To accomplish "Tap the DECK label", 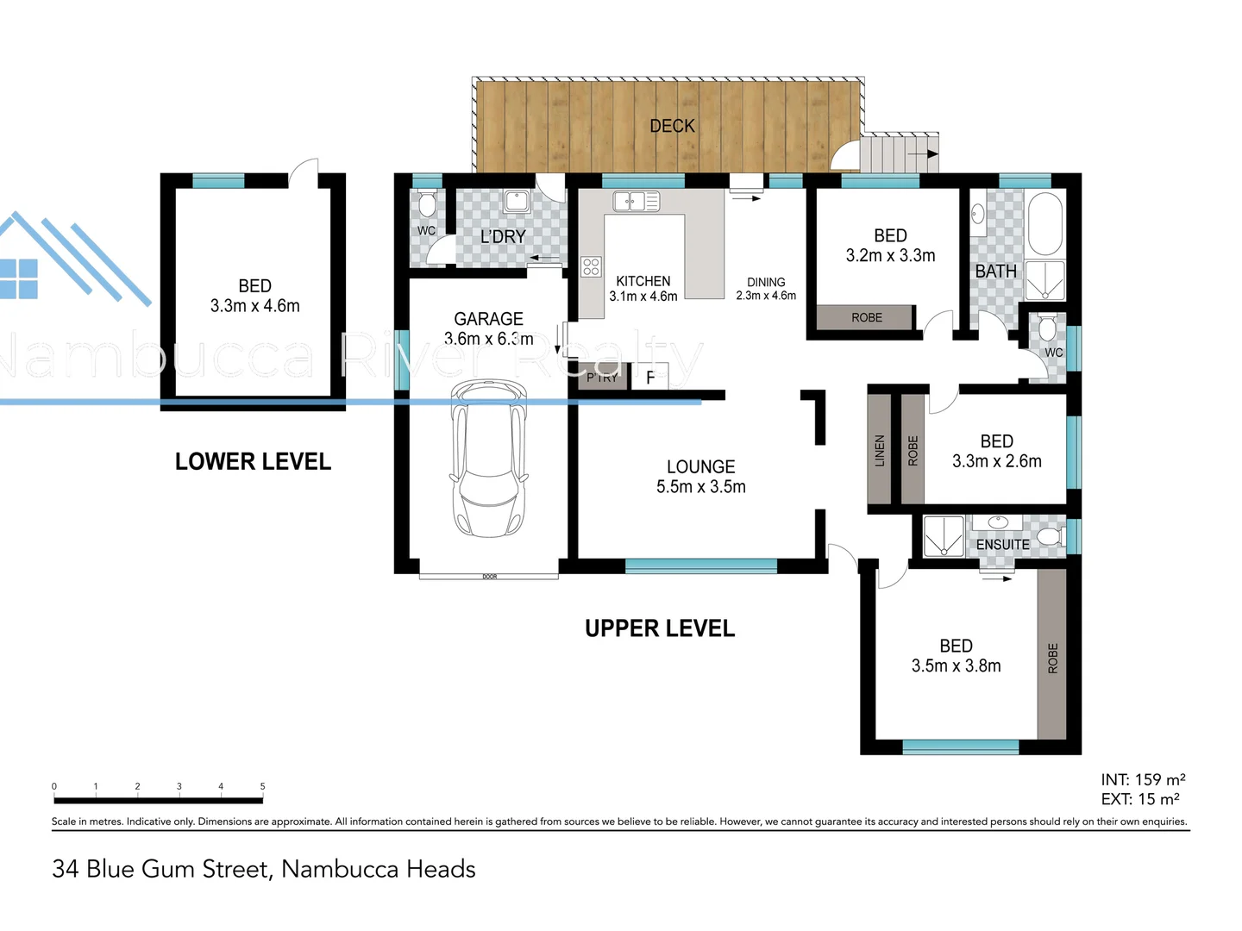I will pos(672,126).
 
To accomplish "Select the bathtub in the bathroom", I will pos(1045,224).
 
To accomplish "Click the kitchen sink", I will pos(636,202).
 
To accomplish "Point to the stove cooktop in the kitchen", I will pos(591,267).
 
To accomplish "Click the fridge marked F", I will pos(650,378).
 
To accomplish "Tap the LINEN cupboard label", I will pos(880,450).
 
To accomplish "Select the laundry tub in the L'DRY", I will pos(517,201).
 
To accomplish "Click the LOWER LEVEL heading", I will pos(253,462).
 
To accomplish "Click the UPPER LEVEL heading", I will pos(660,628).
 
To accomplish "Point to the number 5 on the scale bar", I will pos(262,786).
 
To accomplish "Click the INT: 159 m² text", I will pos(1143,779).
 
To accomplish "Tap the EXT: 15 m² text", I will pos(1140,799).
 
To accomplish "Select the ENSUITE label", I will pos(1002,545).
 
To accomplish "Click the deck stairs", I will pos(900,154).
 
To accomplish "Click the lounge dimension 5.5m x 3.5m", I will pos(700,487).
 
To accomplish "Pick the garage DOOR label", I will pos(490,577).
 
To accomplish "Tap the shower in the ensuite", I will pos(943,535).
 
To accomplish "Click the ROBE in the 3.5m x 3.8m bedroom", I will pos(1052,658).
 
